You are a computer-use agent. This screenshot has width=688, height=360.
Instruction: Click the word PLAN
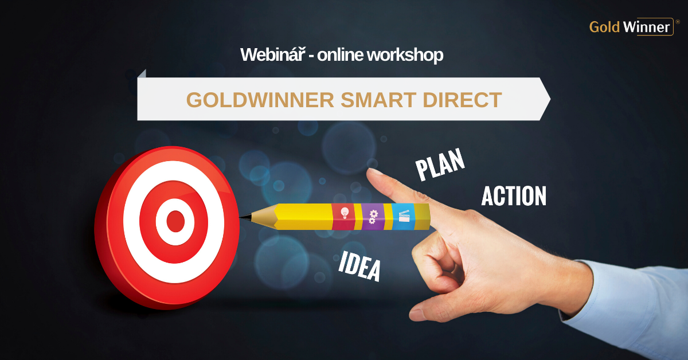(x=440, y=165)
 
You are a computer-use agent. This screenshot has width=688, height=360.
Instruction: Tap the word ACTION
(x=514, y=195)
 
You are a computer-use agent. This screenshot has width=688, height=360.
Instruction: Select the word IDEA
(x=359, y=266)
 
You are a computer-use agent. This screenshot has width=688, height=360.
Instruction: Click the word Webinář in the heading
(x=273, y=54)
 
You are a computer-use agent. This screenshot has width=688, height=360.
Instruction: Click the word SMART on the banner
(x=378, y=100)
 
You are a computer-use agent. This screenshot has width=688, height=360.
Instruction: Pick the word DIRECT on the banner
(x=462, y=100)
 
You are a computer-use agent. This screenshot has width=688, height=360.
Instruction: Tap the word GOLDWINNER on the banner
(x=260, y=100)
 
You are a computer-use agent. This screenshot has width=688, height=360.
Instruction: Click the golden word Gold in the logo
(x=604, y=27)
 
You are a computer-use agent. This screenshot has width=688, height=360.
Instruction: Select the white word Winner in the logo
(x=646, y=27)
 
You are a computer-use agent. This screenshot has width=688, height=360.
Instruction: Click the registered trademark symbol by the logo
(x=678, y=22)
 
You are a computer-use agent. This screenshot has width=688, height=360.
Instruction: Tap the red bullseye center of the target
(x=175, y=221)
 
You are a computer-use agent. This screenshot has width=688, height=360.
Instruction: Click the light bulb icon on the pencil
(x=345, y=213)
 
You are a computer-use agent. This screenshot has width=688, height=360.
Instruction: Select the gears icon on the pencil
(x=373, y=217)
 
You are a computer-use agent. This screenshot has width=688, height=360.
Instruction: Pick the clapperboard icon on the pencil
(x=404, y=216)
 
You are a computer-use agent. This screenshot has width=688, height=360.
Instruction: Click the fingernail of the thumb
(x=416, y=314)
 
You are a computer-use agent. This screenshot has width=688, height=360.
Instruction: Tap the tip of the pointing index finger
(x=370, y=171)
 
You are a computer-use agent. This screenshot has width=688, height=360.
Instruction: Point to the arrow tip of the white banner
(x=550, y=99)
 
